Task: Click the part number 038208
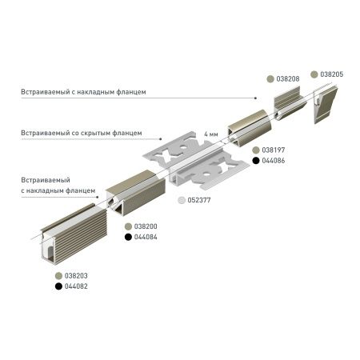point(289,79)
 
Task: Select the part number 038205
point(332,74)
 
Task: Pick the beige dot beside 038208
point(270,79)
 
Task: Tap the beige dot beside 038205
point(314,74)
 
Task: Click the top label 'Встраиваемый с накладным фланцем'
point(84,92)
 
